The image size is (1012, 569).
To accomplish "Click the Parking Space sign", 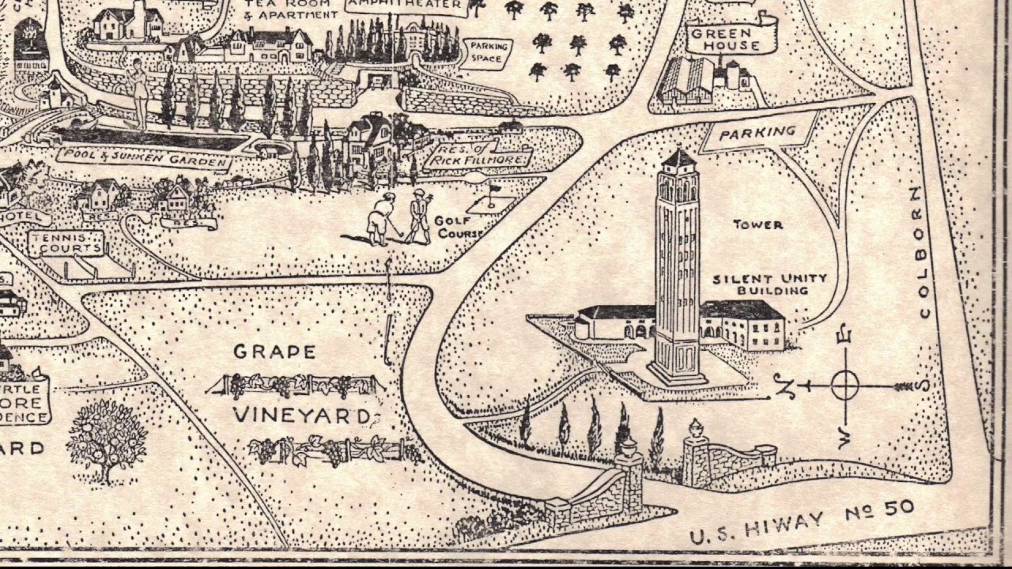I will coord(487,52).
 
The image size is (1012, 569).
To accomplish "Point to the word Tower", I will coord(757,225).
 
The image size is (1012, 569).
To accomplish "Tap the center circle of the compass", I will coord(845,386).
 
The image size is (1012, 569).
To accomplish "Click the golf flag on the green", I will coord(494,190).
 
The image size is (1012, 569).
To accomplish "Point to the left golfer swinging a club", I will coord(382,218).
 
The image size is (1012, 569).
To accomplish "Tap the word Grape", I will coord(274,352).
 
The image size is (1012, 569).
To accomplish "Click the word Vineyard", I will coord(300,415).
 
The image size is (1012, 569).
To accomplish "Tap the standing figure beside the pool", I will coord(139,91).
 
